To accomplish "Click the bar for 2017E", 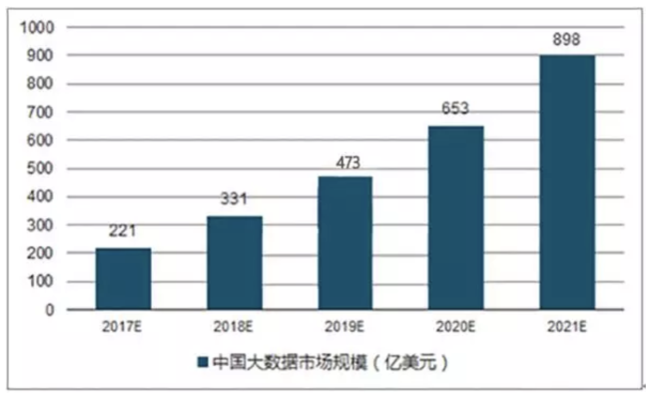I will (x=124, y=279).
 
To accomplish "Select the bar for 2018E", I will (x=235, y=263).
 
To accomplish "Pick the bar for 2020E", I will (x=456, y=218).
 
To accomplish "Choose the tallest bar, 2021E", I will (x=567, y=183).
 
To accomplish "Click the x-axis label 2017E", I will (x=124, y=327).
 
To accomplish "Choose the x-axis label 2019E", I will (x=344, y=327).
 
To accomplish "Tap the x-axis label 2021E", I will (x=567, y=327).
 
